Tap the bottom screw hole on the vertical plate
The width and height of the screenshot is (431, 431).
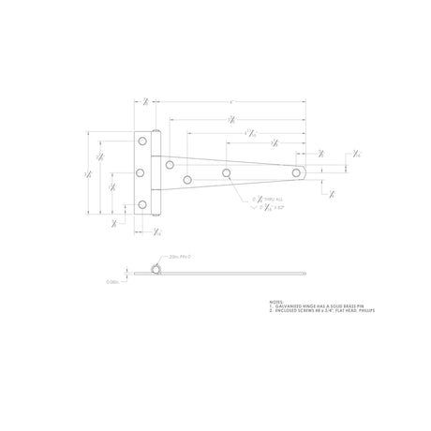point(142,204)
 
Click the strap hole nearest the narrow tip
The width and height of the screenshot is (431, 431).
point(297,172)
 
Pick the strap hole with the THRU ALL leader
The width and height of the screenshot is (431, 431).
point(228,172)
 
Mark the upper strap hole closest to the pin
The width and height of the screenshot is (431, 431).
point(170,165)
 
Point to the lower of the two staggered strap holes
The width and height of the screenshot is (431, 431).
point(187,179)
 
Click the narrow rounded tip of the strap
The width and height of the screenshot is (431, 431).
point(305,172)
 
